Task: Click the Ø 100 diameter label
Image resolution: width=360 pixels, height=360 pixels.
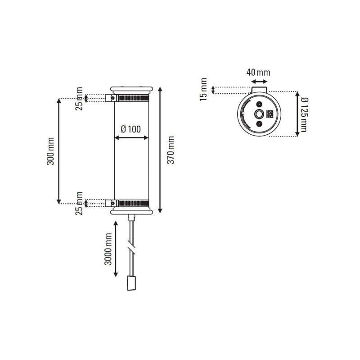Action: coord(131,129)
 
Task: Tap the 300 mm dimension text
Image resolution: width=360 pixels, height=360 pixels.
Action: coord(50,150)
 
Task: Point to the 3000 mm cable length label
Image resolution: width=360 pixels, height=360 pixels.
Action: coord(108,249)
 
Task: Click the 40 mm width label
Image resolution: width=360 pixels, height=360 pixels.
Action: coord(258,72)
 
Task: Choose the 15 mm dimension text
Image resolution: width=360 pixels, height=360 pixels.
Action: coord(203,89)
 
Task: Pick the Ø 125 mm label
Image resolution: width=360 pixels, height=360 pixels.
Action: coord(304,115)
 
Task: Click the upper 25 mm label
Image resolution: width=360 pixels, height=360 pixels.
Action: coord(79,99)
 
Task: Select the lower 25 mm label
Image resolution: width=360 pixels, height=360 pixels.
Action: coord(79,203)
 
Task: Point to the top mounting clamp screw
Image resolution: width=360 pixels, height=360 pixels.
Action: coord(109,98)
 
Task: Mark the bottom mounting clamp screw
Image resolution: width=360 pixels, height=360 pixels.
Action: coord(109,203)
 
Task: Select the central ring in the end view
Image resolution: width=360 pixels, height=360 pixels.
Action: coord(260,114)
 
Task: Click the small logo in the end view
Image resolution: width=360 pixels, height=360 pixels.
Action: coord(270,114)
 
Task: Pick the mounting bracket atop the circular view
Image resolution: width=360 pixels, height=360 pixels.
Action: coord(260,91)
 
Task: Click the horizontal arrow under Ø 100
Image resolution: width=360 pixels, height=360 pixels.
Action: coord(131,137)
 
